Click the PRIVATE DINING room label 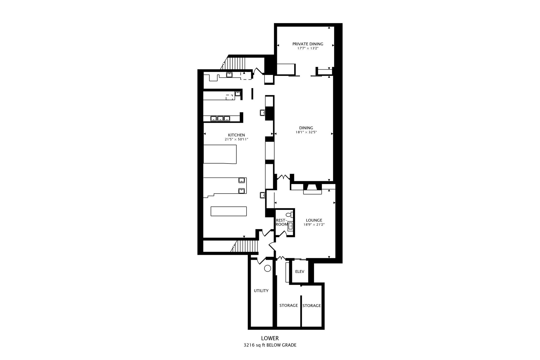tap(307, 44)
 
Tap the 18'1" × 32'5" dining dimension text tap(306, 132)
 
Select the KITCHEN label tap(236, 135)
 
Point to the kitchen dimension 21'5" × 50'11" tap(236, 139)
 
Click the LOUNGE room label tap(314, 220)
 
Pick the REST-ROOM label tap(281, 222)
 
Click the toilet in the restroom tap(290, 215)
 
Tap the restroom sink tap(290, 226)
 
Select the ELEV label tap(300, 271)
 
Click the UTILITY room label tap(261, 291)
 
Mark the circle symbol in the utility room tap(267, 268)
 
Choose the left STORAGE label tap(288, 305)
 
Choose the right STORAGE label tap(311, 306)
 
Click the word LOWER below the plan tap(270, 338)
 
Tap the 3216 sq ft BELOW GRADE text tap(270, 345)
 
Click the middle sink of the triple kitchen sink tap(220, 119)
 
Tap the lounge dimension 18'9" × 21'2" tap(314, 225)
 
